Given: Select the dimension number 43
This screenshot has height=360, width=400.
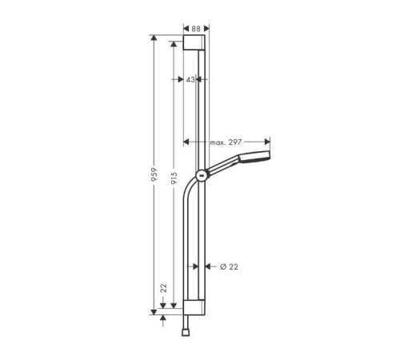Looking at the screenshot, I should [x=190, y=80].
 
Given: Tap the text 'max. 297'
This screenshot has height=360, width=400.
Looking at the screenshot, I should [x=226, y=142].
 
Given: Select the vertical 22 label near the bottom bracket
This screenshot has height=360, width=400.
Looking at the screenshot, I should [x=163, y=290].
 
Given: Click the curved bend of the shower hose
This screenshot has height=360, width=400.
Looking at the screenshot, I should [x=190, y=192].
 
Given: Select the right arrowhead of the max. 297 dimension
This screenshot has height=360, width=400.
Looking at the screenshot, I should [x=269, y=142].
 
